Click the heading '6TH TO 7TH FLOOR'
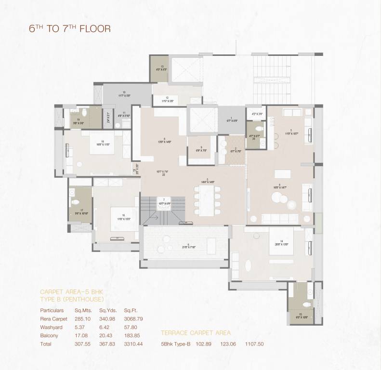tap(70, 28)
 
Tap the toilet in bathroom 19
tap(84, 115)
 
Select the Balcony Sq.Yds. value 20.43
tap(105, 335)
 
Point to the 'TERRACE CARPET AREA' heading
tap(196, 333)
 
